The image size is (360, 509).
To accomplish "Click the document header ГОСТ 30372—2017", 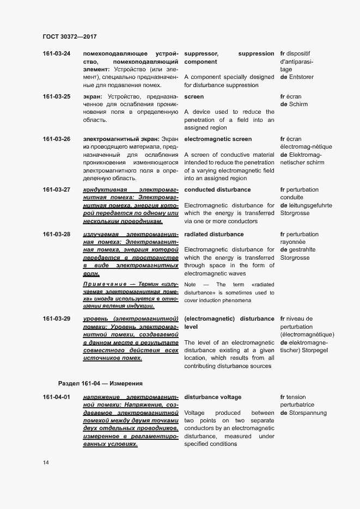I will pos(69,37).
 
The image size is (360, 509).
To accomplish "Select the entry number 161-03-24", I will pos(56,54).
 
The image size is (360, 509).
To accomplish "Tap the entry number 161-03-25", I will pos(56,97).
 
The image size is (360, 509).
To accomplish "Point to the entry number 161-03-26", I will pos(56,139).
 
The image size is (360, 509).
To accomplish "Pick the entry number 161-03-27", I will pos(56,190).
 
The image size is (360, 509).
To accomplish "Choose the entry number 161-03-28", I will pos(56,235).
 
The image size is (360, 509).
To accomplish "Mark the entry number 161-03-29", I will pos(56,318).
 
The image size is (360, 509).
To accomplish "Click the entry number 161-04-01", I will pos(56,397).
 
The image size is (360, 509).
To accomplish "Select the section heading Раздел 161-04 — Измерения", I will pos(100,383).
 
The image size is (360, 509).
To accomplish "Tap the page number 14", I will pos(46,463).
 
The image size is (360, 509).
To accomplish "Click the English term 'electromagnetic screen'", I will pos(218,139).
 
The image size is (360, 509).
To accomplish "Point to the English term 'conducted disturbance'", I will pos(217,190).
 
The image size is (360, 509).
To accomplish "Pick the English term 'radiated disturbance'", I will pos(215,235).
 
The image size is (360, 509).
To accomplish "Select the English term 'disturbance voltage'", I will pos(212,397).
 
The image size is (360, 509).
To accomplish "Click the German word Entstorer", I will pos(307,77).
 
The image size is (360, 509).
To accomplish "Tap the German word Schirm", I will pos(299,105).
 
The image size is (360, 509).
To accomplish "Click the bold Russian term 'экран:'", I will pos(94,97).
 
